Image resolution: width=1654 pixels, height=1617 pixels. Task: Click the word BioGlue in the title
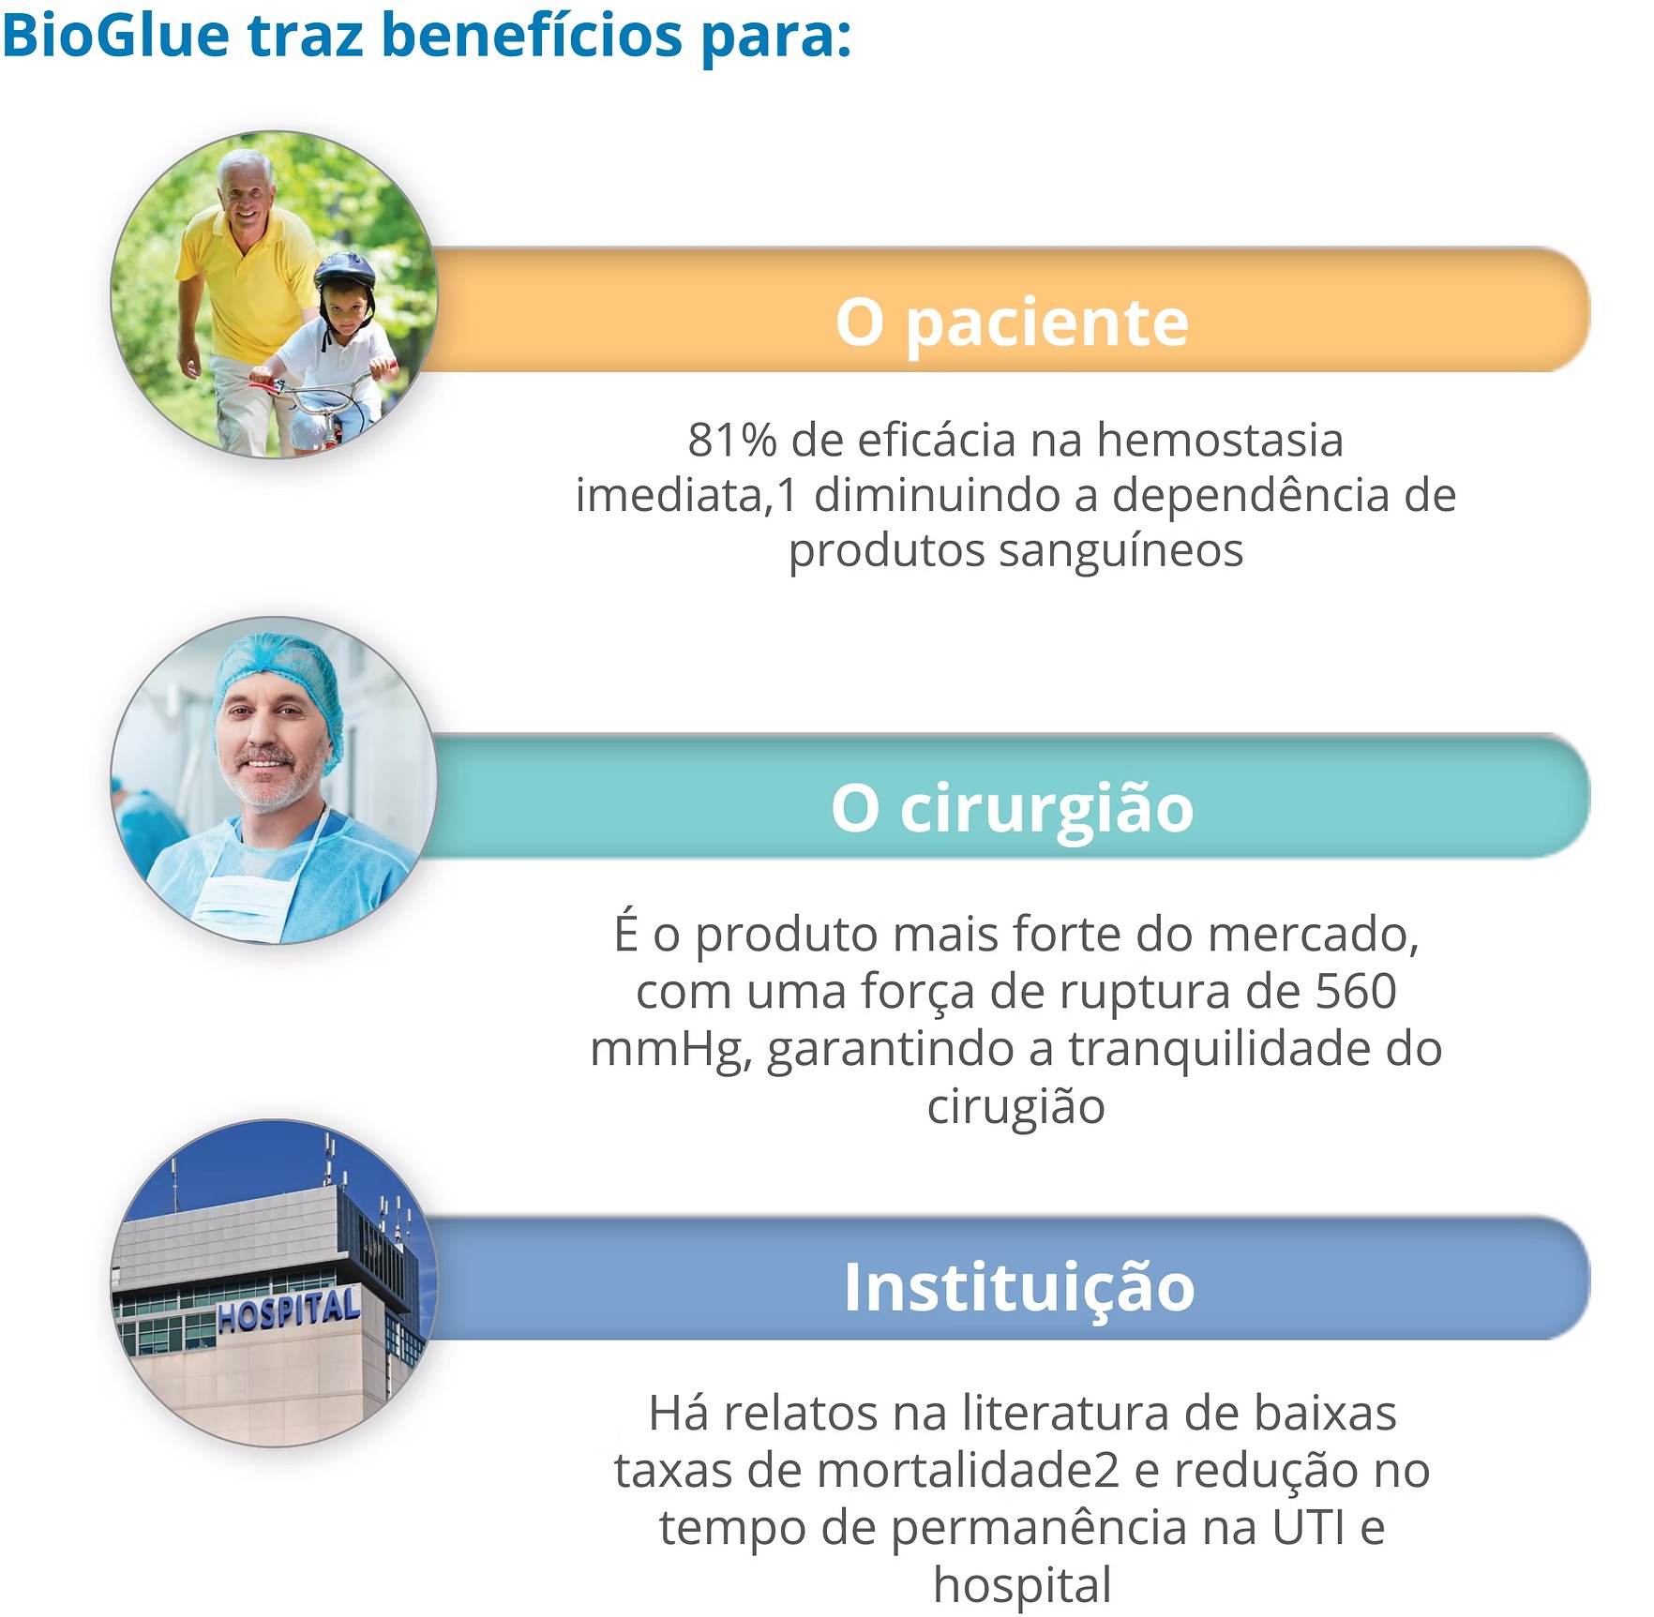[116, 36]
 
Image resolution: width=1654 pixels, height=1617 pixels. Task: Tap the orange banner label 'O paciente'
[1013, 322]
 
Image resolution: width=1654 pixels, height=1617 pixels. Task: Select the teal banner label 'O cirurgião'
[1013, 808]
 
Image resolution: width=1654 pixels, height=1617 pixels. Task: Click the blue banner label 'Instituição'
[1019, 1287]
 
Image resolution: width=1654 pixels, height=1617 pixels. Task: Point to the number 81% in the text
[732, 441]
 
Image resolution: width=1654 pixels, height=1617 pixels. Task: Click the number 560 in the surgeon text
[1356, 991]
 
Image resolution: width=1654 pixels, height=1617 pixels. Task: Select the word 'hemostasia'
[1220, 440]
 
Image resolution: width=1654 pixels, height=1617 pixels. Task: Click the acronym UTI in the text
[1310, 1528]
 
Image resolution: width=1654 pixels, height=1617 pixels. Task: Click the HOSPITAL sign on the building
[288, 1309]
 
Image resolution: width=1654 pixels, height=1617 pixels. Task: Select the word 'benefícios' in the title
[532, 36]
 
